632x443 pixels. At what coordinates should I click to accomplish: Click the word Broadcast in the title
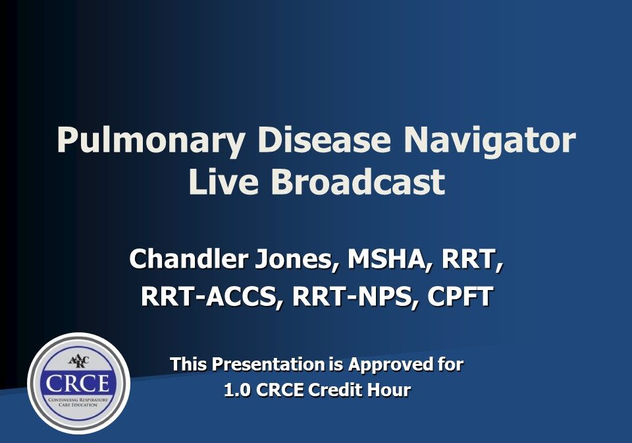pyautogui.click(x=358, y=181)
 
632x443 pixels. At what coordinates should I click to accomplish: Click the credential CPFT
pyautogui.click(x=460, y=296)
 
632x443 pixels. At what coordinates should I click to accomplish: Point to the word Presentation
pyautogui.click(x=268, y=364)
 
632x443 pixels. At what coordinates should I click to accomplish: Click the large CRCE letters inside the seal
pyautogui.click(x=78, y=383)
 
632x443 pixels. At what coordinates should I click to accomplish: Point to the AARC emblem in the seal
pyautogui.click(x=78, y=361)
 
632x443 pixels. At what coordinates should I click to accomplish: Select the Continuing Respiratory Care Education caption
pyautogui.click(x=78, y=402)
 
